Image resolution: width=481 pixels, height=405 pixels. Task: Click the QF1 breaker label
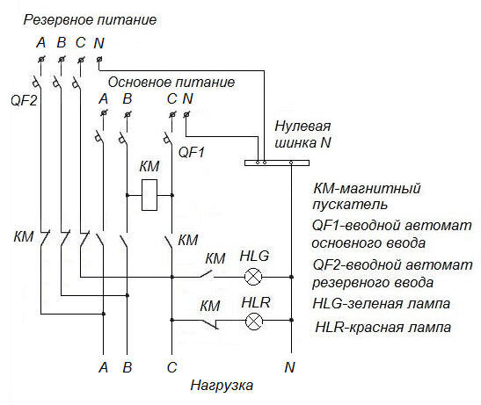click(192, 151)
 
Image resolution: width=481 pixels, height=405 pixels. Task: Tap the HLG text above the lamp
click(255, 257)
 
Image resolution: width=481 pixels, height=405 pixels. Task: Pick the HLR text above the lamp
click(254, 302)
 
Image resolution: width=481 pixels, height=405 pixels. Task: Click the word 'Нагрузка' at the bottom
click(222, 386)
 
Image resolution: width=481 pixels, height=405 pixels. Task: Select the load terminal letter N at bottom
click(289, 366)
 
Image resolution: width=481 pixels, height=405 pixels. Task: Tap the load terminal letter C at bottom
click(171, 366)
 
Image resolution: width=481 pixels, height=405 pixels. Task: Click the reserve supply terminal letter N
click(98, 42)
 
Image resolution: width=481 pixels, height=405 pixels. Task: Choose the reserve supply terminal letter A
click(40, 42)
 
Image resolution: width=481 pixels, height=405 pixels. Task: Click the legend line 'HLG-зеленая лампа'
click(381, 304)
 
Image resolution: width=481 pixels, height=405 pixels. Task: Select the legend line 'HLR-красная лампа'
click(383, 327)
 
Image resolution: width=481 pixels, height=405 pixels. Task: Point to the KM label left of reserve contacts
click(24, 237)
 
